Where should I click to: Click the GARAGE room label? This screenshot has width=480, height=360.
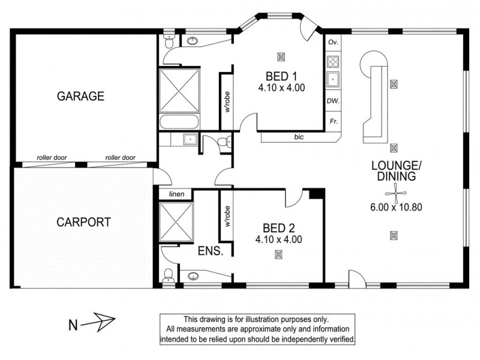pyautogui.click(x=81, y=95)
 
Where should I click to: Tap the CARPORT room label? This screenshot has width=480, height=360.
pyautogui.click(x=83, y=221)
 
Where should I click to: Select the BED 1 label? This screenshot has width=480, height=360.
pyautogui.click(x=281, y=76)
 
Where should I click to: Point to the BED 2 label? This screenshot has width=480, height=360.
pyautogui.click(x=279, y=228)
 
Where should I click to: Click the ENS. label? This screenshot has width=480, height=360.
pyautogui.click(x=211, y=251)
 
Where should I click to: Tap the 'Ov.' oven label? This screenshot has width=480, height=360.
pyautogui.click(x=334, y=43)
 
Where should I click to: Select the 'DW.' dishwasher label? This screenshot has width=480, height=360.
pyautogui.click(x=333, y=101)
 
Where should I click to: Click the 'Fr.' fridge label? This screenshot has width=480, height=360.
pyautogui.click(x=333, y=121)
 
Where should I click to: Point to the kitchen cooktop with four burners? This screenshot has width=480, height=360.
pyautogui.click(x=333, y=61)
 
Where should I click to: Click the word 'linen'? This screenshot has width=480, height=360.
pyautogui.click(x=176, y=194)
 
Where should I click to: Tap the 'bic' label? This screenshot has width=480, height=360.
pyautogui.click(x=299, y=137)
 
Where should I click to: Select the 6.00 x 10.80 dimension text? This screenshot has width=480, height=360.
pyautogui.click(x=397, y=208)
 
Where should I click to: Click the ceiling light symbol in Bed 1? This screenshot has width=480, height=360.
pyautogui.click(x=280, y=57)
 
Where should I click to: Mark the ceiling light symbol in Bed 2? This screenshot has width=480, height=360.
pyautogui.click(x=278, y=254)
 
